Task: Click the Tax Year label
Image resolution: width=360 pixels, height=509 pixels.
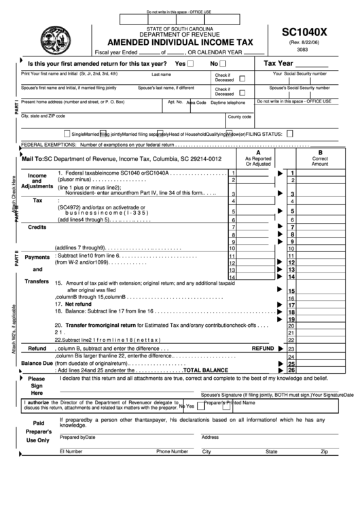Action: tap(278, 63)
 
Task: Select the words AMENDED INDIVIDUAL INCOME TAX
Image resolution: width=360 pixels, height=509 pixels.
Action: tap(175, 42)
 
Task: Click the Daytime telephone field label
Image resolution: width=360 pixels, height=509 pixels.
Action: tap(228, 103)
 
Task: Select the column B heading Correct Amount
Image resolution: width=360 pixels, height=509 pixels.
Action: tap(319, 160)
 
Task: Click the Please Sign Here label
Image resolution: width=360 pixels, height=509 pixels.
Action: tap(37, 385)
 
